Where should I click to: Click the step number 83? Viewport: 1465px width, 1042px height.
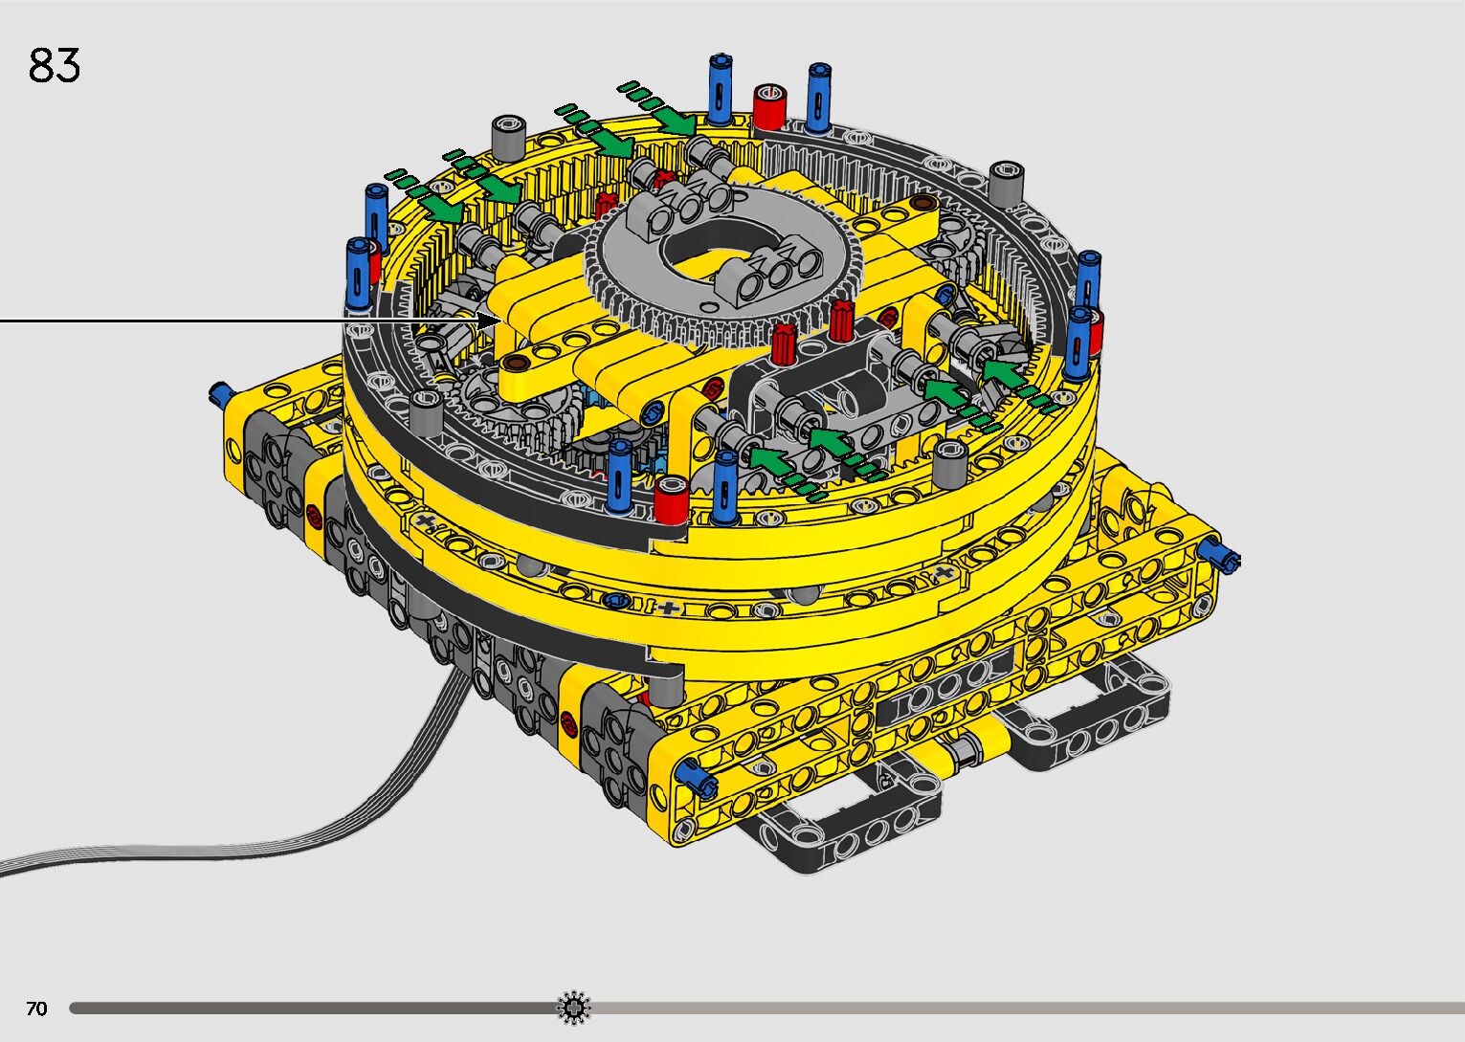coord(55,65)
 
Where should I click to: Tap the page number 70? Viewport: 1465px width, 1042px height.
coord(36,1008)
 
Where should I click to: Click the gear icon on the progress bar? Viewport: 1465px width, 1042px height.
coord(573,1008)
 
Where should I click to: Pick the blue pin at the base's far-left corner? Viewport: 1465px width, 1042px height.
coord(220,392)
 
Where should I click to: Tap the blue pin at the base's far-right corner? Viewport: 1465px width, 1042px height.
coord(1223,560)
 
